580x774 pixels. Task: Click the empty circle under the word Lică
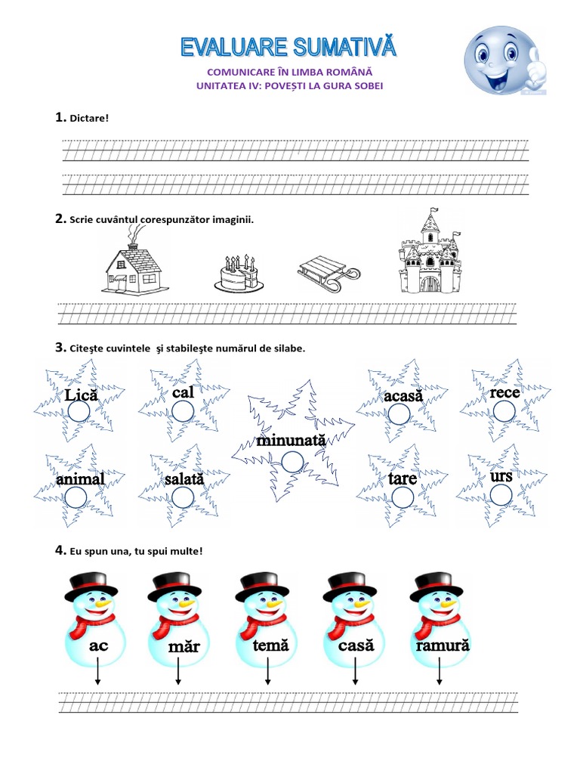(79, 410)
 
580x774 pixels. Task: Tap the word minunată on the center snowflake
(291, 440)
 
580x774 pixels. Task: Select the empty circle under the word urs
(501, 494)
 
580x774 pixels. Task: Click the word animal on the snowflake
(79, 480)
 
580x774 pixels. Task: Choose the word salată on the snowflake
(184, 480)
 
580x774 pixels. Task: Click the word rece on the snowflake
(504, 394)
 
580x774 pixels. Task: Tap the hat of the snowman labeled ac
(92, 584)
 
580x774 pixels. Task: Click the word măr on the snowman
(184, 647)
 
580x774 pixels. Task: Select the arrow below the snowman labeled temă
(268, 673)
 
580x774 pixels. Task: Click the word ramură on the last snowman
(443, 646)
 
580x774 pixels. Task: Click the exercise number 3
(60, 348)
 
